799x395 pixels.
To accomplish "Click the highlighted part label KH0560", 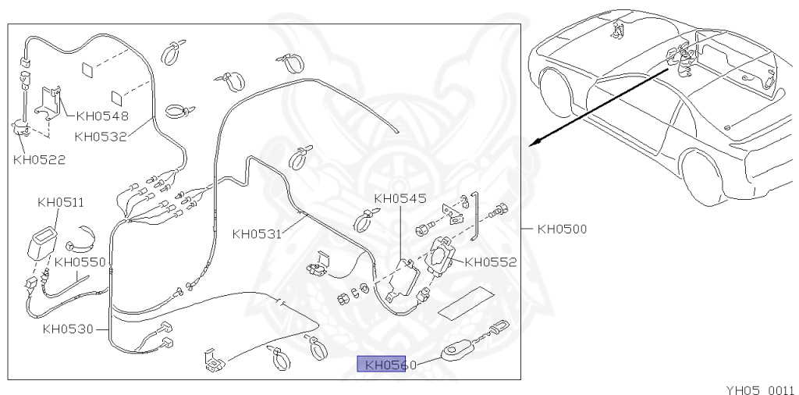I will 382,365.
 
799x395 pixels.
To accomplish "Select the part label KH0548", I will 103,118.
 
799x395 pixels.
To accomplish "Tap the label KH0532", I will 101,137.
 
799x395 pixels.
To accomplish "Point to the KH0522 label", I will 39,160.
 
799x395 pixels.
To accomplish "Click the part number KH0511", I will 61,203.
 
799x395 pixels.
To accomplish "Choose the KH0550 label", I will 80,262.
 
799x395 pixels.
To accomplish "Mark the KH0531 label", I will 257,233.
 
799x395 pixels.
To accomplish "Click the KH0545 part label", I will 400,198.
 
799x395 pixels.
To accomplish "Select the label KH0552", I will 491,262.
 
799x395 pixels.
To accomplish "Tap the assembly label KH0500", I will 562,230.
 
